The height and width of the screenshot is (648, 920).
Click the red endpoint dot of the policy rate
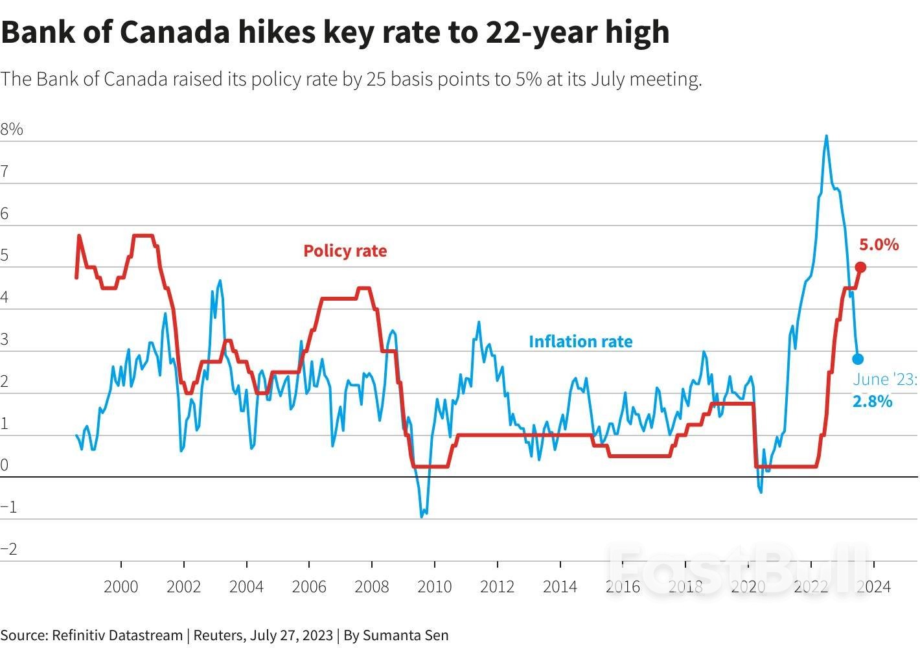[x=860, y=267]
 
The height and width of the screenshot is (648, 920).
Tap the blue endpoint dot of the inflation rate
[x=858, y=359]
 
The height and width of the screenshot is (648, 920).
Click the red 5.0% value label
[x=879, y=244]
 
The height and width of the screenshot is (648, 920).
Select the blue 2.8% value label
[x=872, y=402]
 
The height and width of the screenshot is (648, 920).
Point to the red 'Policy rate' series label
[x=345, y=251]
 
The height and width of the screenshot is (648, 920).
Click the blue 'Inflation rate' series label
[x=581, y=341]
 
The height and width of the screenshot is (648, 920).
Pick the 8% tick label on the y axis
[x=12, y=130]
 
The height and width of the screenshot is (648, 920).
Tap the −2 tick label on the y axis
[x=9, y=550]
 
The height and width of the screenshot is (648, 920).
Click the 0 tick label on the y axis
[x=5, y=465]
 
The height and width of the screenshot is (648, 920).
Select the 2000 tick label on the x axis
[x=121, y=587]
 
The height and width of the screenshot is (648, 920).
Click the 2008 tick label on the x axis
[x=372, y=587]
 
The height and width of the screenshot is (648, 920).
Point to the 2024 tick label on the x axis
[x=873, y=587]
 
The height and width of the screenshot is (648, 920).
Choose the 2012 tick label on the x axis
[x=497, y=587]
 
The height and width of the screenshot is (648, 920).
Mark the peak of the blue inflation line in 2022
[x=826, y=136]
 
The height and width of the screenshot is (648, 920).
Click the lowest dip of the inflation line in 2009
[x=422, y=516]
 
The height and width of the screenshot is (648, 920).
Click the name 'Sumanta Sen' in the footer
[x=406, y=635]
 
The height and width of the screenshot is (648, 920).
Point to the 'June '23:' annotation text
[x=884, y=380]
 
